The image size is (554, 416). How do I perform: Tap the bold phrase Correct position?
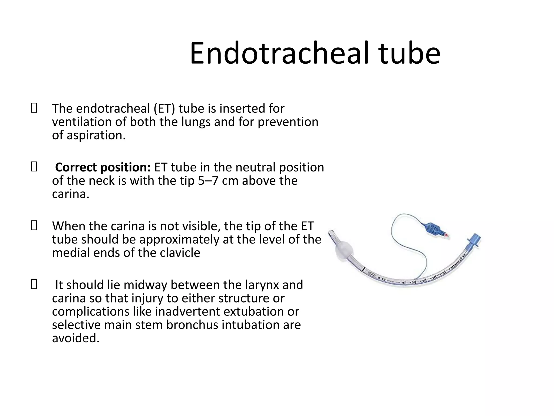click(103, 167)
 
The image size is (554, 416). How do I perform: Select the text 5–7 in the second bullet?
click(208, 181)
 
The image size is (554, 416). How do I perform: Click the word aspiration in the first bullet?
click(96, 135)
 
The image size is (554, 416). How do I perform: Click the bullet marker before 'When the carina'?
click(34, 226)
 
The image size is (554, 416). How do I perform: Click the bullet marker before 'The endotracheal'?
click(34, 108)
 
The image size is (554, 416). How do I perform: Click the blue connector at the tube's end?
click(474, 240)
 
